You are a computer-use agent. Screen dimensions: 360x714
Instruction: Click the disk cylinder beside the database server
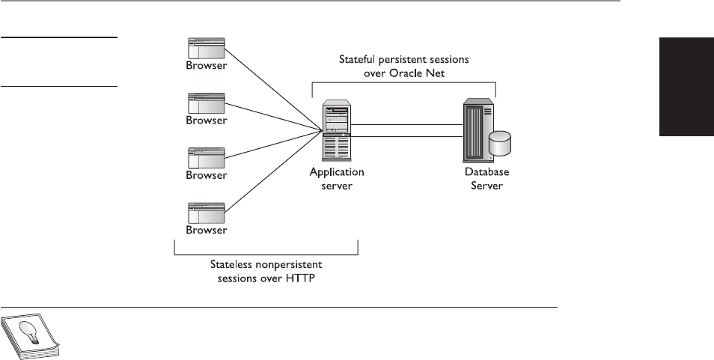(499, 144)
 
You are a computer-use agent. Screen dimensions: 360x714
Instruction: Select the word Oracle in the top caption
(411, 73)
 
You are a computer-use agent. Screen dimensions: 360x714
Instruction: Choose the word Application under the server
(337, 172)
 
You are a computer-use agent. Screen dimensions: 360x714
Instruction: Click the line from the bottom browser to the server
(273, 171)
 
